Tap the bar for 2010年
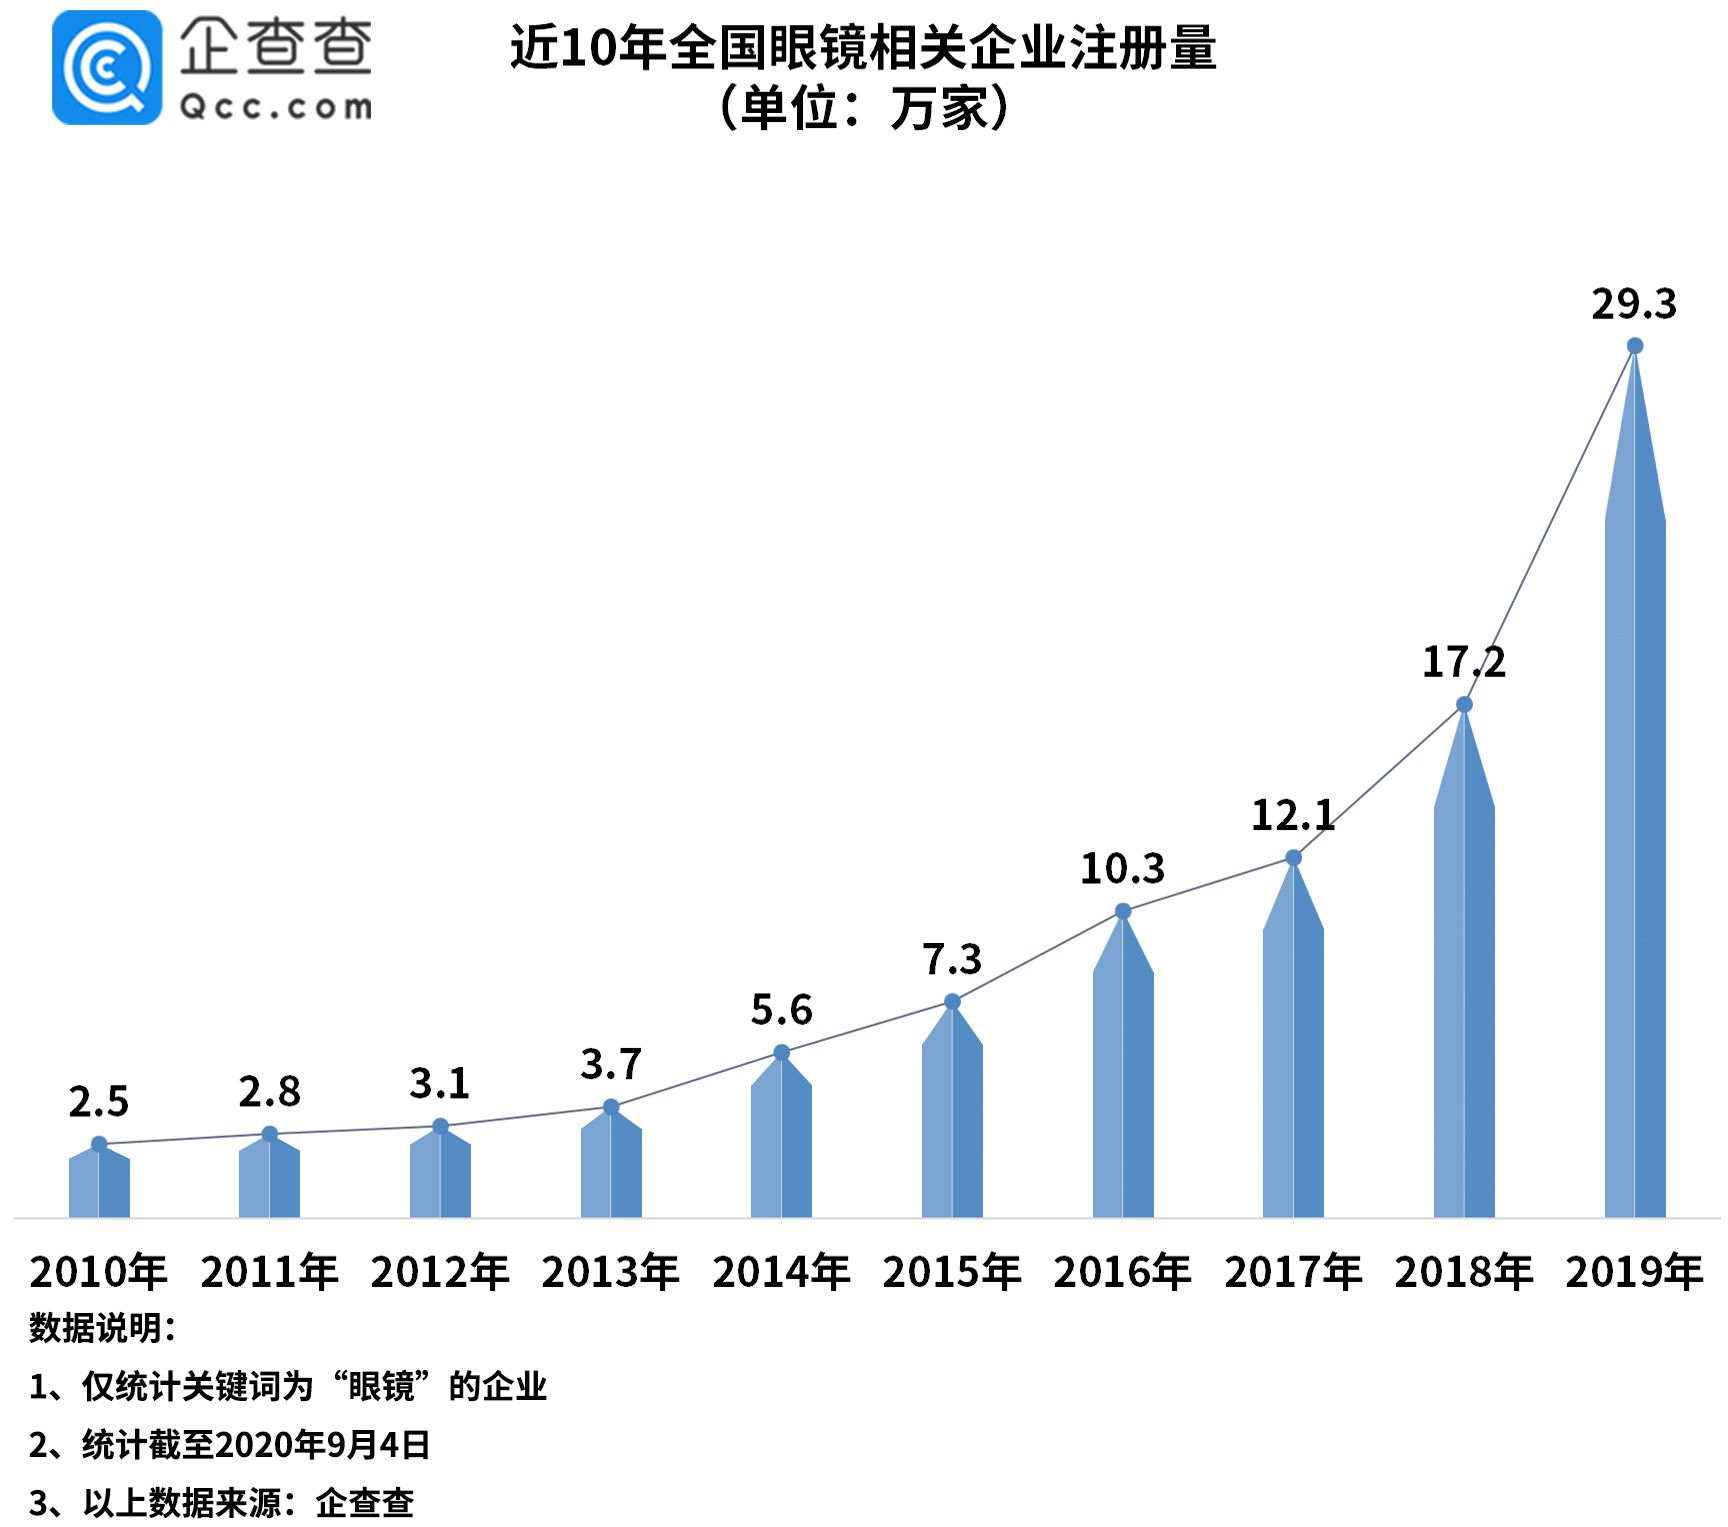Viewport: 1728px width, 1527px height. [x=99, y=1185]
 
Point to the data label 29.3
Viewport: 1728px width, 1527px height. [x=1633, y=304]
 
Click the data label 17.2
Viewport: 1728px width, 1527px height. [x=1463, y=662]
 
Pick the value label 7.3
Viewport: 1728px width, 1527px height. [x=951, y=959]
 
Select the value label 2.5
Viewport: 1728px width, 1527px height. [x=98, y=1102]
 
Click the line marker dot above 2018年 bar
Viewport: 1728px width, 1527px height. [x=1463, y=705]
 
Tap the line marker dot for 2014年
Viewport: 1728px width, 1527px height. [x=781, y=1052]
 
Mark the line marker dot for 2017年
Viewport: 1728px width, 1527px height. [x=1293, y=858]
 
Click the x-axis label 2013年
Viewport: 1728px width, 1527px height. [x=610, y=1272]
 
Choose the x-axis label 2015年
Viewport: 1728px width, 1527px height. [x=951, y=1272]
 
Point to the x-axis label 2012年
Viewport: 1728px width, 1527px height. [x=439, y=1272]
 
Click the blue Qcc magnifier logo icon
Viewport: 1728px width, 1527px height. [x=106, y=68]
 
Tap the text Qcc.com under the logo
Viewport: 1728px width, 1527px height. [x=275, y=107]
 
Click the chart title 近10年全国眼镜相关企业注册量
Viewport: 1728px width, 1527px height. [x=863, y=47]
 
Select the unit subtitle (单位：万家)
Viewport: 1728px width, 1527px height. [x=863, y=108]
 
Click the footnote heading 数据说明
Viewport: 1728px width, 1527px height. [x=102, y=1328]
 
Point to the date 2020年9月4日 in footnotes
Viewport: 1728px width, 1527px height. [x=322, y=1444]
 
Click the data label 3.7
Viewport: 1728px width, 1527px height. [x=610, y=1064]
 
